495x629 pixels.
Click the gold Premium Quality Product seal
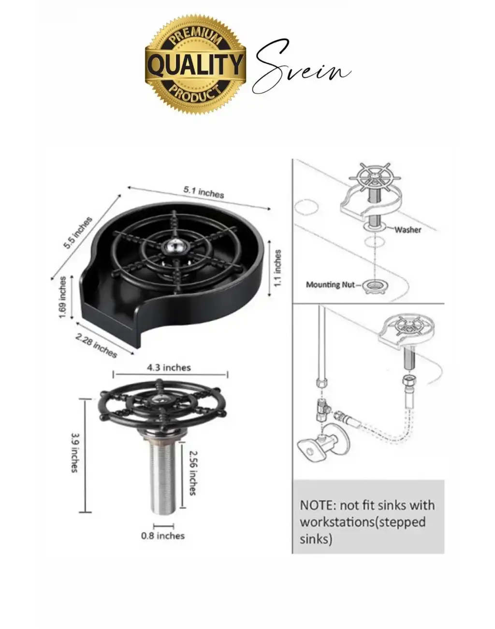[195, 64]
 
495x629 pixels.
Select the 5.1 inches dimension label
[204, 192]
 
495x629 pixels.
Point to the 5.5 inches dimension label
[78, 233]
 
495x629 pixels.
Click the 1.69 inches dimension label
[63, 298]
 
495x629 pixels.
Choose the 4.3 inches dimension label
[169, 367]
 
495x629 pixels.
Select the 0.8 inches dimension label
[163, 536]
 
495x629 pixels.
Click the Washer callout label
[408, 230]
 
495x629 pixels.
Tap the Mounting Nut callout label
[330, 285]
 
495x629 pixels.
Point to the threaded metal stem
[163, 474]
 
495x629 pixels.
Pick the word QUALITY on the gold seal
[195, 65]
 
